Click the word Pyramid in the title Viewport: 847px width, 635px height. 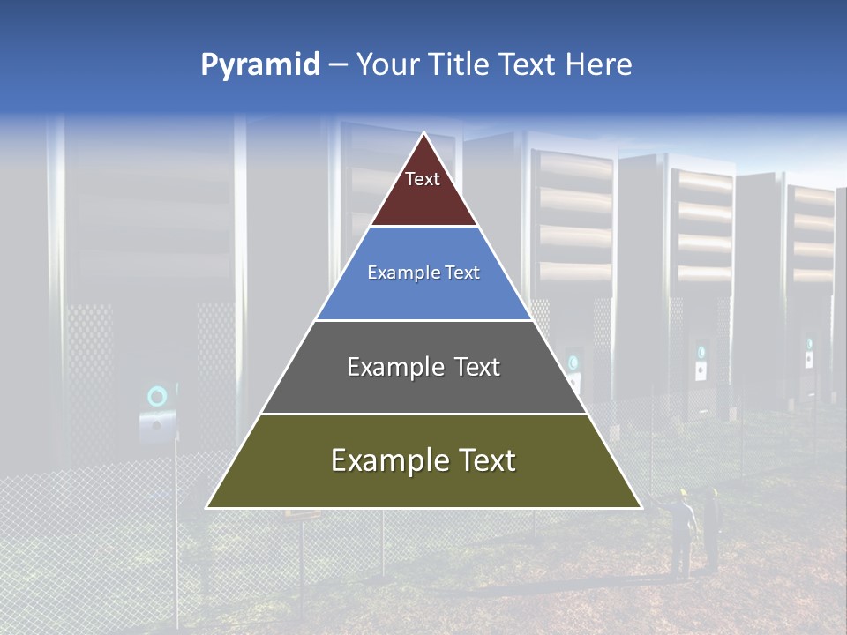point(259,65)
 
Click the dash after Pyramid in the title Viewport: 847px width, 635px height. point(338,65)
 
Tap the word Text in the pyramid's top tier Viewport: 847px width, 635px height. point(423,179)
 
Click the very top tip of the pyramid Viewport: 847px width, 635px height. point(423,134)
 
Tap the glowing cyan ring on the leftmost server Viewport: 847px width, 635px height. point(157,396)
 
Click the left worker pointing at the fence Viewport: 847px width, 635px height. point(680,534)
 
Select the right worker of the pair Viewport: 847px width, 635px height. point(711,529)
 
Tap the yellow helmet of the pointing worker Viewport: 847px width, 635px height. point(682,493)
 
